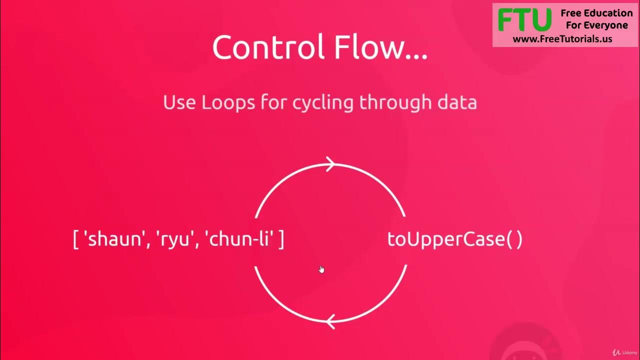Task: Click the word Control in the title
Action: [x=265, y=48]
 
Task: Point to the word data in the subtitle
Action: [x=455, y=102]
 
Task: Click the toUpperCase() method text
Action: [x=454, y=239]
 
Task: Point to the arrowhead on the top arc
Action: [x=330, y=164]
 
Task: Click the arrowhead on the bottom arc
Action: [x=329, y=321]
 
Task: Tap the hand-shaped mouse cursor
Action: [x=321, y=269]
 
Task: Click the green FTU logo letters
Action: [x=524, y=20]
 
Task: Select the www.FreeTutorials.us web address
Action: [x=562, y=39]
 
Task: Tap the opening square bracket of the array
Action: [x=76, y=239]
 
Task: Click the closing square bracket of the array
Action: [x=281, y=239]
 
